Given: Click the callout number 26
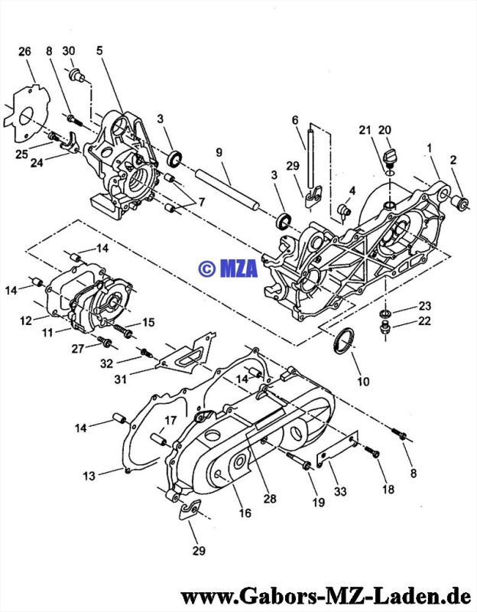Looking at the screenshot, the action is pyautogui.click(x=24, y=51).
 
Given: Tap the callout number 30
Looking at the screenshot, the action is pyautogui.click(x=69, y=50).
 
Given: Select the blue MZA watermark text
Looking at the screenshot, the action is pyautogui.click(x=228, y=269).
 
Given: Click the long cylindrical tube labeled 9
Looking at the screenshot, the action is pyautogui.click(x=228, y=189).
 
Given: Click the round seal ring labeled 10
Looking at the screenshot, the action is pyautogui.click(x=343, y=340).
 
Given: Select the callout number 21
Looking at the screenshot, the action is pyautogui.click(x=365, y=130).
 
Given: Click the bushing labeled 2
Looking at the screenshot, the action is pyautogui.click(x=460, y=203).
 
